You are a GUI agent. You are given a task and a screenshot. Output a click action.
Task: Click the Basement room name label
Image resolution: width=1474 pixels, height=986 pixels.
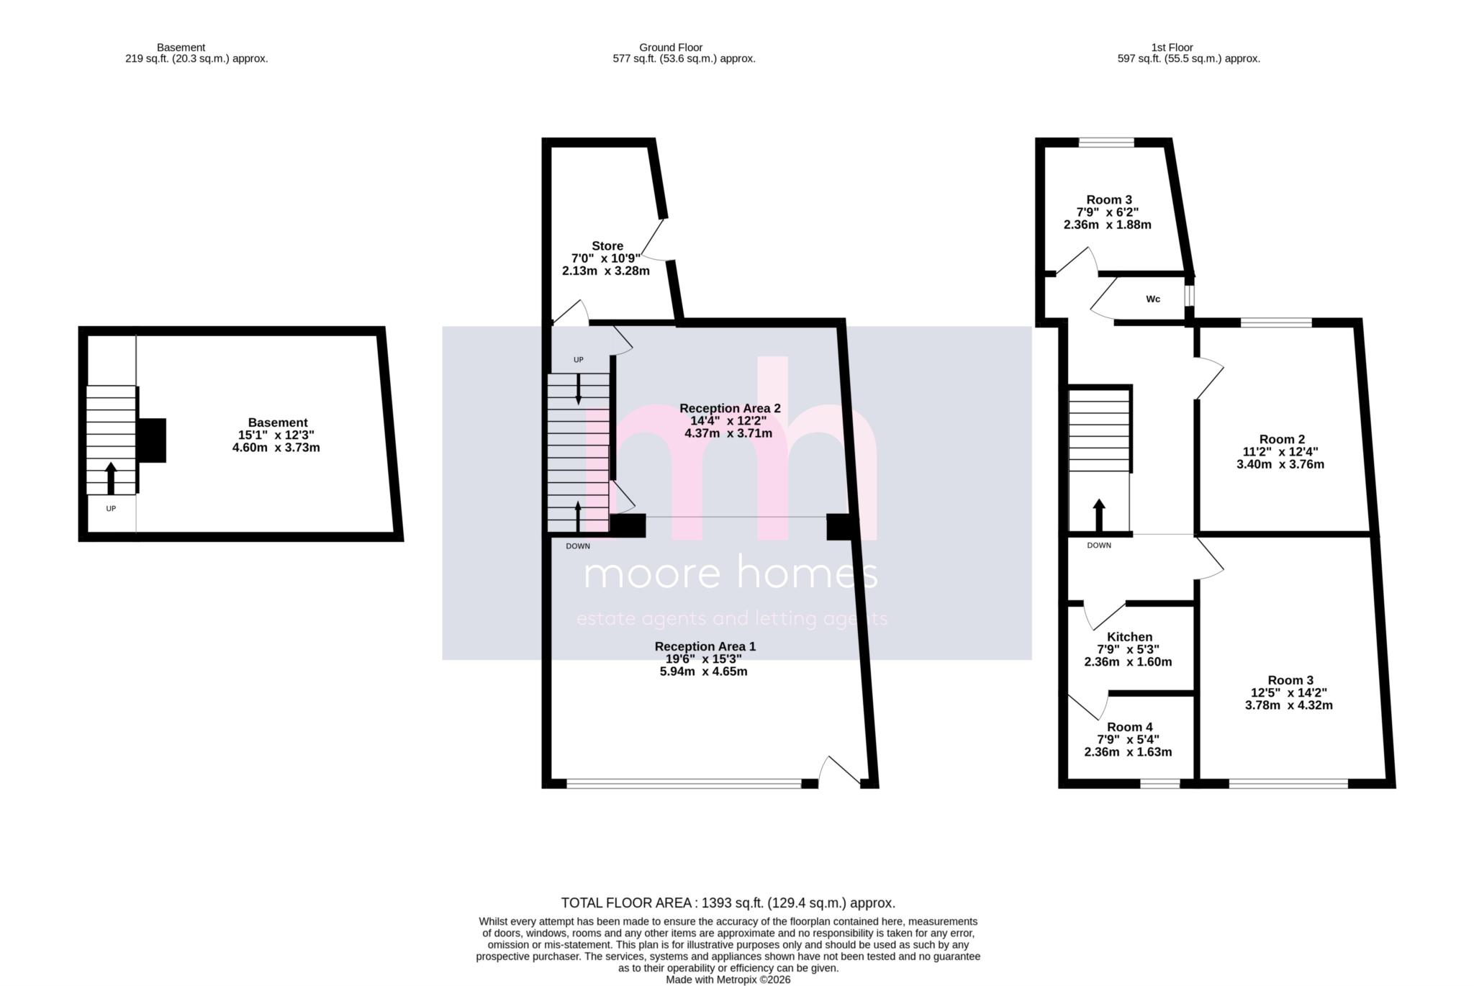(x=278, y=422)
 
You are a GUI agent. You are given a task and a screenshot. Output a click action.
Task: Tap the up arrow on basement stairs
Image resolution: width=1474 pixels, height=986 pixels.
(x=110, y=478)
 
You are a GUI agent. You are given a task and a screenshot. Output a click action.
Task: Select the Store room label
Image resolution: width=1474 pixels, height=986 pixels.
(x=607, y=246)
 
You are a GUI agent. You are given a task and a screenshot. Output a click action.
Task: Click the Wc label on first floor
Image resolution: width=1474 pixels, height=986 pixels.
(x=1152, y=299)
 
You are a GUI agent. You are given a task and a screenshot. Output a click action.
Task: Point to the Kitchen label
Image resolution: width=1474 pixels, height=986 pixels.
(x=1129, y=637)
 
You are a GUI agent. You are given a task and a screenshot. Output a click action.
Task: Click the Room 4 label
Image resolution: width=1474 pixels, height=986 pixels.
(x=1129, y=728)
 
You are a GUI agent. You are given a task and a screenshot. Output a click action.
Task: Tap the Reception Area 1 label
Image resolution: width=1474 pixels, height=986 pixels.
(x=705, y=647)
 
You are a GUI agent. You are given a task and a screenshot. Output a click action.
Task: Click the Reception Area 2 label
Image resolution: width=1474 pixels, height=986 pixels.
(x=729, y=409)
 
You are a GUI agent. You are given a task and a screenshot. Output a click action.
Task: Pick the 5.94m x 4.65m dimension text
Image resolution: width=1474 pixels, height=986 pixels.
(x=703, y=671)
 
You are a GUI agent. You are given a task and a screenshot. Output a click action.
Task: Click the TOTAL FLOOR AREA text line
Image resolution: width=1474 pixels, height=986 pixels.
(x=728, y=903)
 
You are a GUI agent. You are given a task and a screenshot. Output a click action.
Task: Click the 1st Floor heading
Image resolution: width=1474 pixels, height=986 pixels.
(x=1172, y=48)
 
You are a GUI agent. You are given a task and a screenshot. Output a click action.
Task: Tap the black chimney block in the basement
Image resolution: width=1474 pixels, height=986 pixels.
(x=152, y=440)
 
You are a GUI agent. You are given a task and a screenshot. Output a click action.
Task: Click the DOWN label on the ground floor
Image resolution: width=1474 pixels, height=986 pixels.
(x=577, y=546)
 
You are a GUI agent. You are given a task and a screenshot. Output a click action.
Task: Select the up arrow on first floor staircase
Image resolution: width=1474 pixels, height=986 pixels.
(x=1098, y=514)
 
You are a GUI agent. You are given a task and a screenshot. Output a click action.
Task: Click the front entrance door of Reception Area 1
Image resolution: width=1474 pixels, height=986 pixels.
(x=841, y=772)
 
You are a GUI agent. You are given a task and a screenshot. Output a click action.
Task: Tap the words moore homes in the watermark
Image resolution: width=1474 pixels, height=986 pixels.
(x=730, y=574)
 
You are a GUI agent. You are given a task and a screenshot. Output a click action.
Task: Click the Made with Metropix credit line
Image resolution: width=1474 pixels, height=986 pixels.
(x=728, y=980)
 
